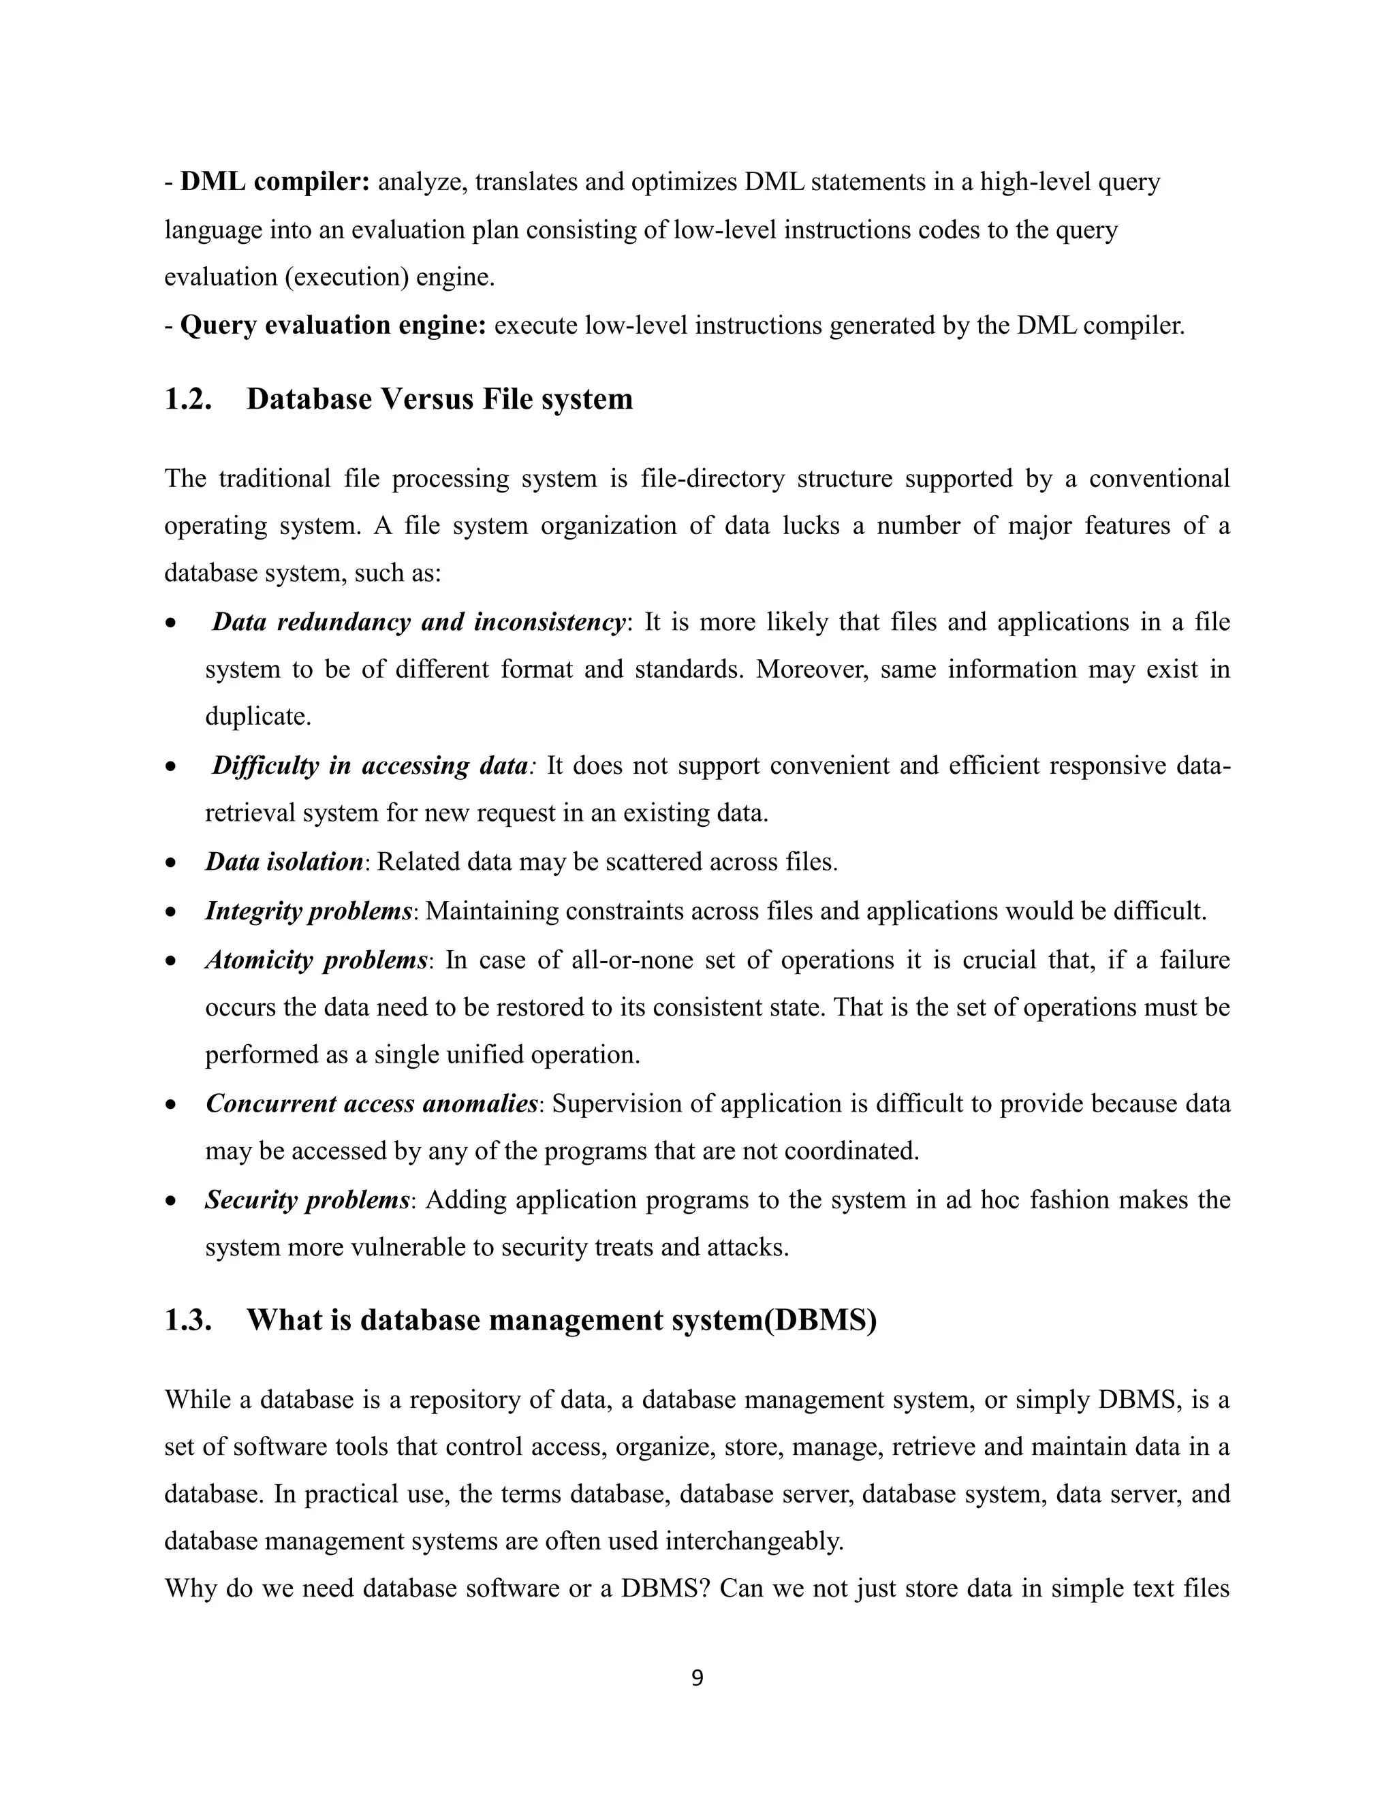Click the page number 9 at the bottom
pyautogui.click(x=697, y=1678)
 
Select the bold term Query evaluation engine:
pyautogui.click(x=333, y=326)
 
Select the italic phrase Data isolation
pyautogui.click(x=283, y=862)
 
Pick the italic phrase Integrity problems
pyautogui.click(x=309, y=911)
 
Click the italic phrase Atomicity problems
pyautogui.click(x=315, y=960)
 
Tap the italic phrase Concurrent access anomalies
pyautogui.click(x=372, y=1103)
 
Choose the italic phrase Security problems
pyautogui.click(x=307, y=1199)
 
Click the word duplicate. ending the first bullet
pyautogui.click(x=258, y=717)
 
